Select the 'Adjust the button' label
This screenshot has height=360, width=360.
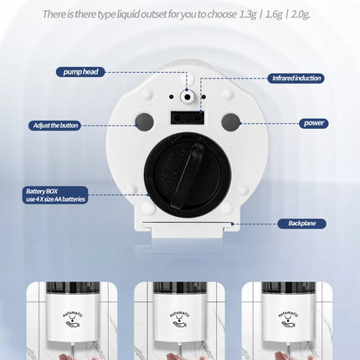(x=55, y=125)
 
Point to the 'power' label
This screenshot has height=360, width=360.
(x=313, y=122)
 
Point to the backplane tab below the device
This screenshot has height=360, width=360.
(x=187, y=225)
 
